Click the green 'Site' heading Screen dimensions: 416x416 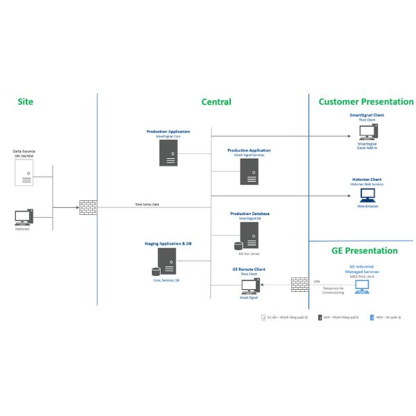coord(26,102)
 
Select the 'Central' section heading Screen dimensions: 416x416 coord(216,102)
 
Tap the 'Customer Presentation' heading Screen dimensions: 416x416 coord(365,102)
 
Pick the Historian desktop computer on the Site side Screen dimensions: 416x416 coord(23,217)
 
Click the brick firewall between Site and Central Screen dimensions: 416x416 coord(88,207)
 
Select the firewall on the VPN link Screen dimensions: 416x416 coord(300,284)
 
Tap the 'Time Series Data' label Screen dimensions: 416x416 coord(147,205)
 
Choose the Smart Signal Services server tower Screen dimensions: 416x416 coord(250,171)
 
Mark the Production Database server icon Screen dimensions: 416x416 coord(248,240)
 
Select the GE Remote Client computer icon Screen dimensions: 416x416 coord(248,286)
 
